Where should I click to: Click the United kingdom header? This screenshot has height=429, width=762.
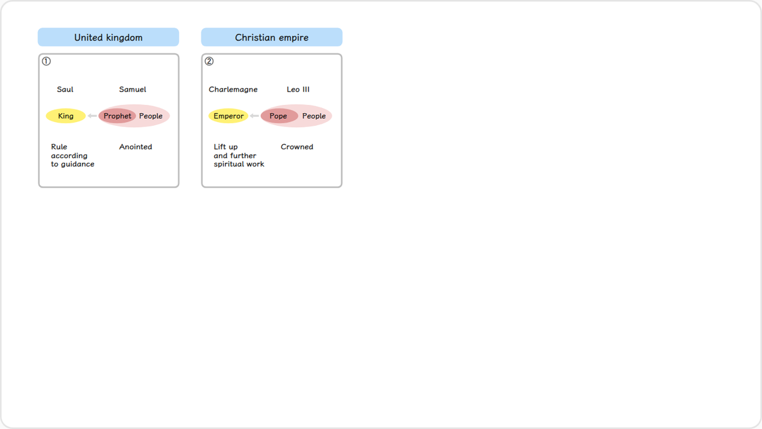click(108, 37)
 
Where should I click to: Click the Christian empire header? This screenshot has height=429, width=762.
click(272, 37)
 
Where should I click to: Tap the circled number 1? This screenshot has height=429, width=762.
click(46, 61)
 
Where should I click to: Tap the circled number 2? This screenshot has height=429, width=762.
click(209, 61)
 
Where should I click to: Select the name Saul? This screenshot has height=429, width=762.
click(65, 89)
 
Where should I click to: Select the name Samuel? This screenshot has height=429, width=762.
click(132, 89)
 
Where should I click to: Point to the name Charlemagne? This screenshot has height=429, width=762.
click(233, 90)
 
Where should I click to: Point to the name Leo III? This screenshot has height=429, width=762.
click(298, 89)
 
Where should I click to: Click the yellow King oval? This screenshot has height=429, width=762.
click(65, 116)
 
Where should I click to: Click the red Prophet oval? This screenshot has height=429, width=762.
click(117, 116)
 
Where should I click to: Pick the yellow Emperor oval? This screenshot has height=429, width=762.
click(228, 116)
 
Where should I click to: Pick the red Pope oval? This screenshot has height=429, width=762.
click(279, 116)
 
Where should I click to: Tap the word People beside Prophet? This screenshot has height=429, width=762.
click(150, 116)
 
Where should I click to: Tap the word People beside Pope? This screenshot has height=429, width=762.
click(314, 116)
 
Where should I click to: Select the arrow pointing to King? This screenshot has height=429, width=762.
click(92, 116)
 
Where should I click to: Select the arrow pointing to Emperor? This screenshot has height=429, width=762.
click(254, 116)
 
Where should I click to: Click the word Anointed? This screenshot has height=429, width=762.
click(135, 147)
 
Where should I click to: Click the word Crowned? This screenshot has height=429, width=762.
click(297, 147)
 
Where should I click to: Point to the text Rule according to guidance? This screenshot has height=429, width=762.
click(72, 156)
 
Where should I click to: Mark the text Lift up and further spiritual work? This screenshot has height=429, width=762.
click(239, 156)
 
